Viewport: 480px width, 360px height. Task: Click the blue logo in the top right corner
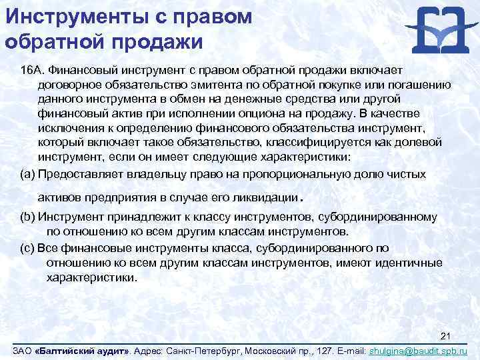pos(437,31)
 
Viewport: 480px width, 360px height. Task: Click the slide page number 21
pos(447,335)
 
